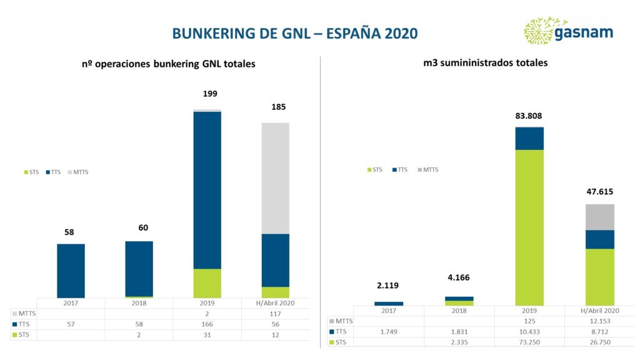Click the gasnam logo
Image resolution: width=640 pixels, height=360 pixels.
point(568,31)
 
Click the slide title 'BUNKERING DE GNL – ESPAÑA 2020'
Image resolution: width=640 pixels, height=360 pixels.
point(295,32)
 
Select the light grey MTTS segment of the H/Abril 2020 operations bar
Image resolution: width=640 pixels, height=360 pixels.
point(275,178)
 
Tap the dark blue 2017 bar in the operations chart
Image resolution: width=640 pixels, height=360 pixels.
point(71,271)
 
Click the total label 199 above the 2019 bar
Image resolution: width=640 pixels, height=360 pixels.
point(210,94)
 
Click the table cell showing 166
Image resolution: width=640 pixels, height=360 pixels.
point(207,324)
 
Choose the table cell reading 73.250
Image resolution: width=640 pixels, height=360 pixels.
point(529,341)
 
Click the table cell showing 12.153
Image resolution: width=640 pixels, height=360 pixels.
point(599,321)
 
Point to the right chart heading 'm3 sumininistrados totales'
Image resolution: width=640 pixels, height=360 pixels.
point(485,63)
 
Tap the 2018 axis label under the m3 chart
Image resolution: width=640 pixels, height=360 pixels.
point(459,311)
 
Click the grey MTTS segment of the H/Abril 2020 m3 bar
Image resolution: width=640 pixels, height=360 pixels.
point(599,217)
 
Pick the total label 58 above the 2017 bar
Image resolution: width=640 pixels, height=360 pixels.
point(69,232)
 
